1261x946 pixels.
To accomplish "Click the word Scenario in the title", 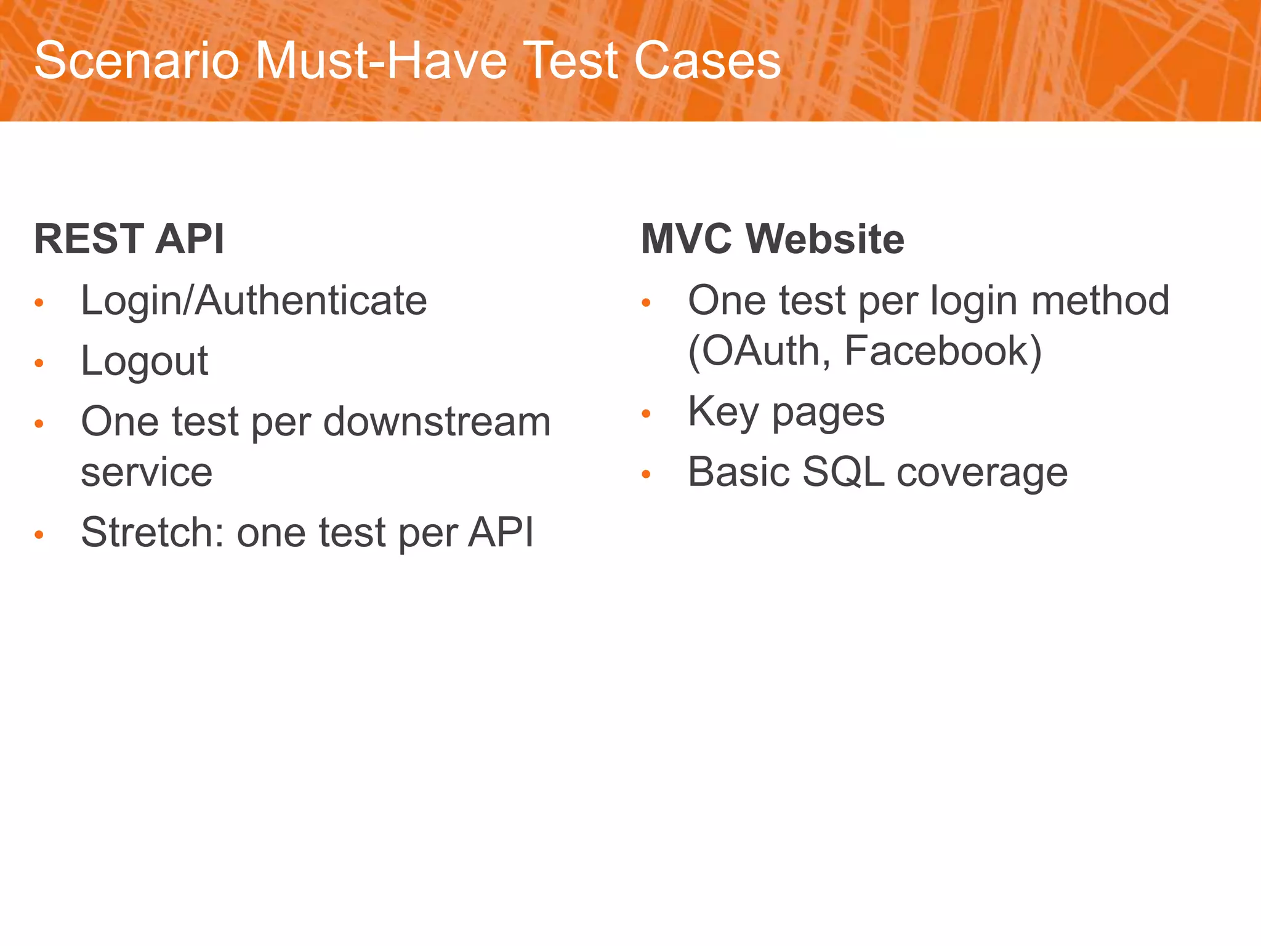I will click(x=137, y=61).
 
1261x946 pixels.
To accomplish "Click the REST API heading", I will click(x=129, y=239).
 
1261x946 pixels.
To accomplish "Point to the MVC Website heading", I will click(x=772, y=239).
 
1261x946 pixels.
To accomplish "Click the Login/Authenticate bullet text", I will click(x=254, y=301).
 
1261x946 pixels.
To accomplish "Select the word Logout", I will click(x=145, y=362).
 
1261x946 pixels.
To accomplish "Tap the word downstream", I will click(x=437, y=422).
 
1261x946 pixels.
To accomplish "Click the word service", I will click(x=147, y=472).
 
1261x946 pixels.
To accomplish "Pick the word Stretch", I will click(x=152, y=532).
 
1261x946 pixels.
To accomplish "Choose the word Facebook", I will click(x=943, y=351).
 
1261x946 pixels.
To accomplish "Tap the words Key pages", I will click(x=786, y=412).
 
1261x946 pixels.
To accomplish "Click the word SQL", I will click(x=843, y=472).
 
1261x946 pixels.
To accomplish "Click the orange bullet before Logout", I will click(x=39, y=363).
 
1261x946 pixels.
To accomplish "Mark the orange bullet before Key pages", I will click(x=646, y=413).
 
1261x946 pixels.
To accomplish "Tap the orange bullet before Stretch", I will click(x=39, y=535).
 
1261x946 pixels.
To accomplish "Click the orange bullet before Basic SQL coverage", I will click(x=646, y=474).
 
